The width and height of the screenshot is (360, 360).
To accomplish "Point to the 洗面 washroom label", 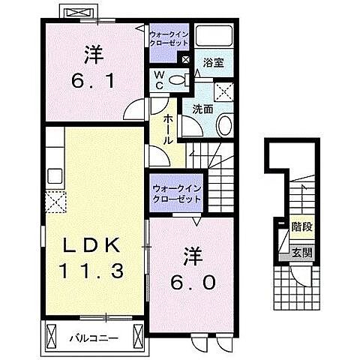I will click(x=203, y=109).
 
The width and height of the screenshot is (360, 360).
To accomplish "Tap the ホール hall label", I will click(x=167, y=129).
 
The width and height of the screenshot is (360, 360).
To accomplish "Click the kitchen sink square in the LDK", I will click(x=55, y=176).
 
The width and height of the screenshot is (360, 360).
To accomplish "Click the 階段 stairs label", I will click(x=302, y=223).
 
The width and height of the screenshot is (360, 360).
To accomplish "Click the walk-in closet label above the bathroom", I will click(x=169, y=38).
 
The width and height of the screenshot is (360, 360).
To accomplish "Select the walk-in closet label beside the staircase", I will click(x=176, y=194).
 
